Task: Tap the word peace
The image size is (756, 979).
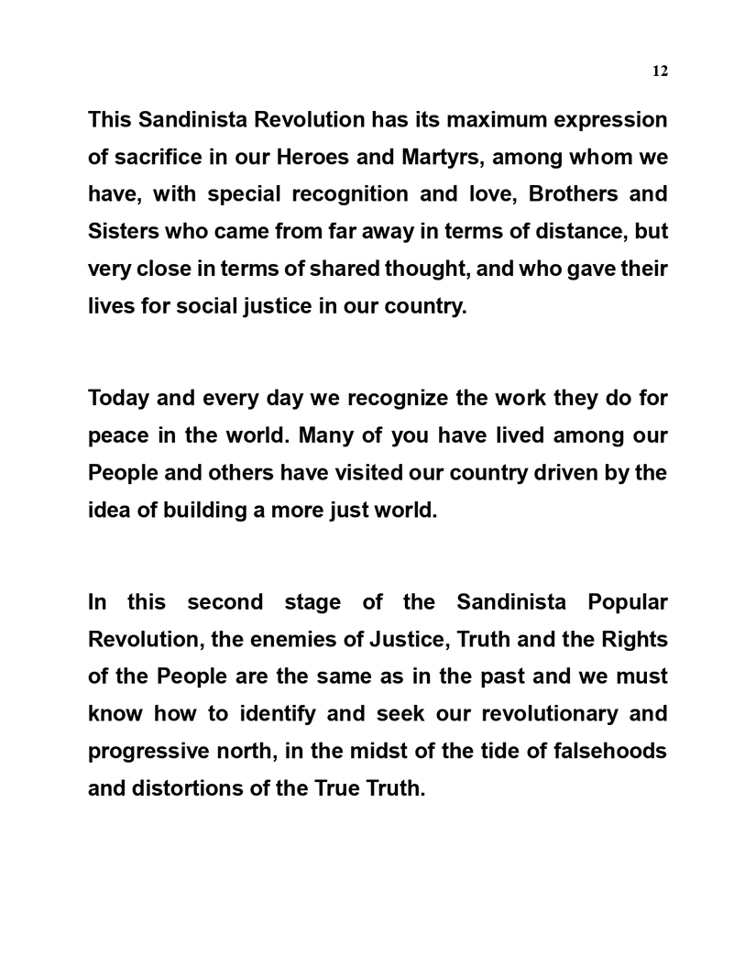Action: tap(117, 436)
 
